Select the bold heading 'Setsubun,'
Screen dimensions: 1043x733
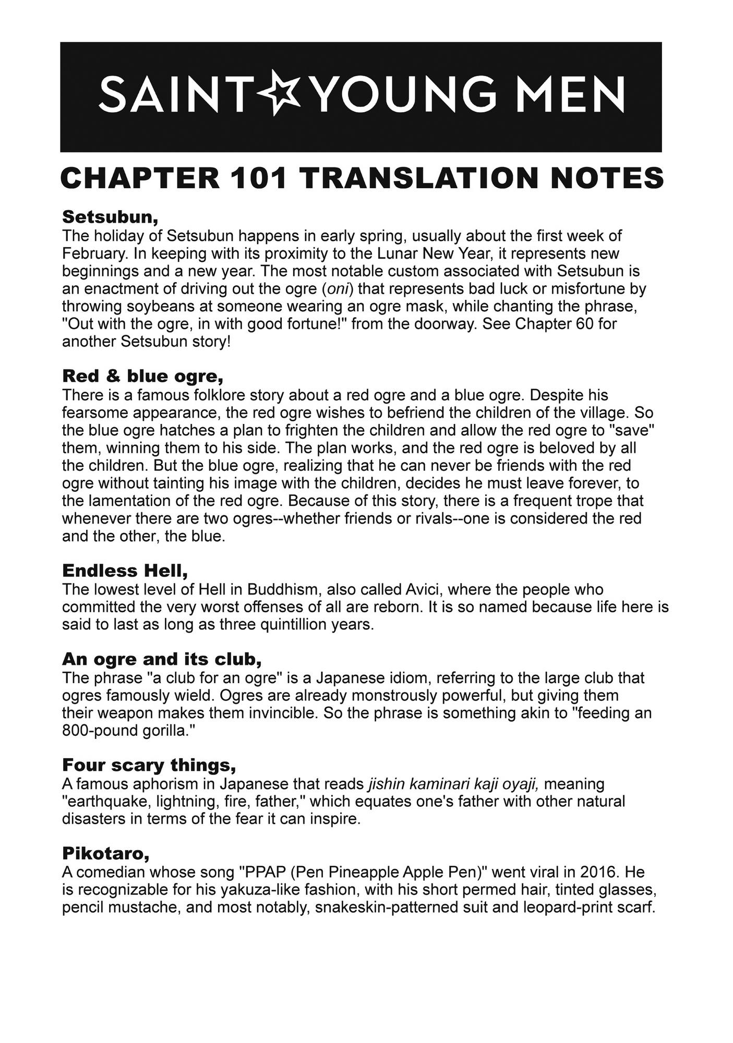(x=110, y=216)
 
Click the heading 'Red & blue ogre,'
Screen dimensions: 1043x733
(x=142, y=375)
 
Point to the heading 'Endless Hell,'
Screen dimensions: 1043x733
(x=125, y=571)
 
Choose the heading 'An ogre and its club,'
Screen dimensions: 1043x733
(x=162, y=659)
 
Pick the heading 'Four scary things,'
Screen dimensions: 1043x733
(x=149, y=765)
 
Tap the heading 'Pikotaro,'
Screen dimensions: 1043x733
(x=106, y=853)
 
